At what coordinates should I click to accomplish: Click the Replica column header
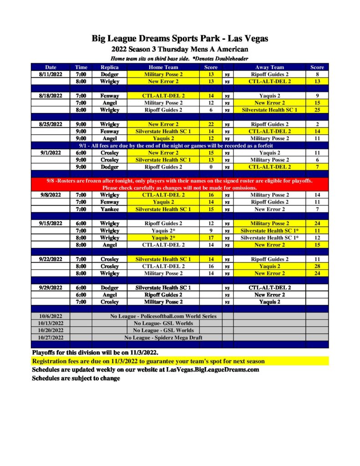[x=109, y=67]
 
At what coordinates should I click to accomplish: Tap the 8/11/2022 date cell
[x=51, y=74]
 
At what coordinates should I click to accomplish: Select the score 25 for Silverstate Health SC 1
[x=317, y=110]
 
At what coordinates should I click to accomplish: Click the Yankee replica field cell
[x=109, y=209]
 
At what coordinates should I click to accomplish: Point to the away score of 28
[x=317, y=266]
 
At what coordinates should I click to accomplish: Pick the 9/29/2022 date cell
[x=51, y=288]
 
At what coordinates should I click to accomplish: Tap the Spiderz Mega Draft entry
[x=163, y=338]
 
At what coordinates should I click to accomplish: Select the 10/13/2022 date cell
[x=51, y=323]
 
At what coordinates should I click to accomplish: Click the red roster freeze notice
[x=180, y=184]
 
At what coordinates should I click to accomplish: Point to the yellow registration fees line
[x=148, y=361]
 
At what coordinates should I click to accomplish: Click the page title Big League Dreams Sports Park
[x=180, y=39]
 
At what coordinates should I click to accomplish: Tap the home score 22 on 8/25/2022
[x=211, y=124]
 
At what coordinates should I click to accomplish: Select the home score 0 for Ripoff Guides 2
[x=211, y=167]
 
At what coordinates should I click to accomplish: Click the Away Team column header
[x=269, y=67]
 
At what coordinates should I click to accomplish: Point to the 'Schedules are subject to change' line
[x=76, y=378]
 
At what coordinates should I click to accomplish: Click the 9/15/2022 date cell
[x=51, y=223]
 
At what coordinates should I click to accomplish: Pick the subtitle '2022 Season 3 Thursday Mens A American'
[x=180, y=50]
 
